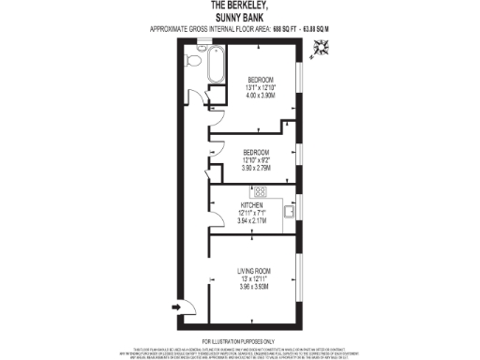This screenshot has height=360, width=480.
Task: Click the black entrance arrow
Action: [x=176, y=306]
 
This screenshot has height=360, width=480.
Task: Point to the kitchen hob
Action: [x=260, y=194]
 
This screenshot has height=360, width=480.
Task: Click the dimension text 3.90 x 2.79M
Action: [x=257, y=168]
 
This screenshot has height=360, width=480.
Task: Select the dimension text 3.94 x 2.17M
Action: [x=253, y=220]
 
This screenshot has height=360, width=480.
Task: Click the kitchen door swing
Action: [x=217, y=202]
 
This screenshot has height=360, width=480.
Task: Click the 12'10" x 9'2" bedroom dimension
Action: [x=257, y=160]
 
